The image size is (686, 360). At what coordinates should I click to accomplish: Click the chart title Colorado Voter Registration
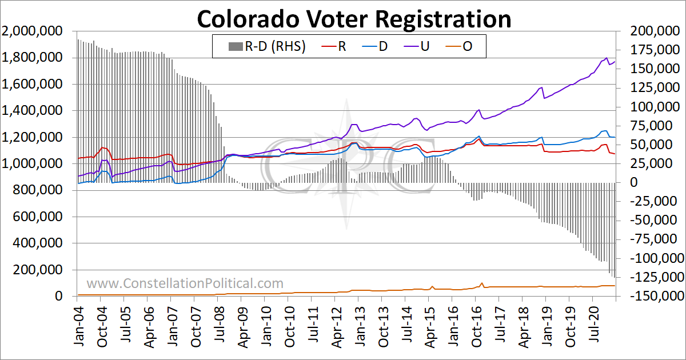pyautogui.click(x=354, y=19)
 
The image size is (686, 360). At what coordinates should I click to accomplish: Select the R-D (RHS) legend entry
pyautogui.click(x=267, y=46)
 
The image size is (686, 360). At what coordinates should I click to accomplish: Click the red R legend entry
pyautogui.click(x=334, y=46)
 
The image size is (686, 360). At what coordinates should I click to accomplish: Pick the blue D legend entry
pyautogui.click(x=375, y=46)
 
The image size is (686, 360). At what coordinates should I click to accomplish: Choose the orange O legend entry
pyautogui.click(x=458, y=46)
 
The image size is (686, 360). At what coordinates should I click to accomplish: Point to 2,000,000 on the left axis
pyautogui.click(x=32, y=31)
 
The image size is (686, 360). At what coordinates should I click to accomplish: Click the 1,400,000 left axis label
pyautogui.click(x=32, y=110)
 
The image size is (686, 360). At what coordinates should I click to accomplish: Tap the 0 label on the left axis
pyautogui.click(x=59, y=296)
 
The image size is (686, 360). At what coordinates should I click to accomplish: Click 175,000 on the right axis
pyautogui.click(x=651, y=50)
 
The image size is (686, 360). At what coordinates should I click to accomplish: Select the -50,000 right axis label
pyautogui.click(x=653, y=220)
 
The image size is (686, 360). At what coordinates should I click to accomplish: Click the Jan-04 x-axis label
pyautogui.click(x=79, y=327)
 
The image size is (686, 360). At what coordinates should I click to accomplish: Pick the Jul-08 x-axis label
pyautogui.click(x=220, y=326)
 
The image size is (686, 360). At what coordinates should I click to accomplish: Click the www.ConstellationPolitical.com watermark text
pyautogui.click(x=185, y=283)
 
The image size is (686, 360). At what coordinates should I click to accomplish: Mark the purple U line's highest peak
pyautogui.click(x=607, y=58)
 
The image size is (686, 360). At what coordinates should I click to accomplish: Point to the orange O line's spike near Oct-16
pyautogui.click(x=482, y=283)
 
